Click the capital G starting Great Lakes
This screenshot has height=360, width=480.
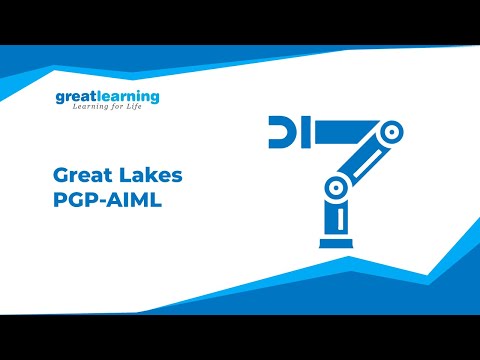click(60, 175)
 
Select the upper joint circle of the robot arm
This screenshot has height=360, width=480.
click(391, 130)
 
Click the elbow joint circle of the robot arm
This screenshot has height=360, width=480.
click(338, 186)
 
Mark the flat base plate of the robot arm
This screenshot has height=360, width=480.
click(339, 242)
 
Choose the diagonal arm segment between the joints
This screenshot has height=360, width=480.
click(365, 158)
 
